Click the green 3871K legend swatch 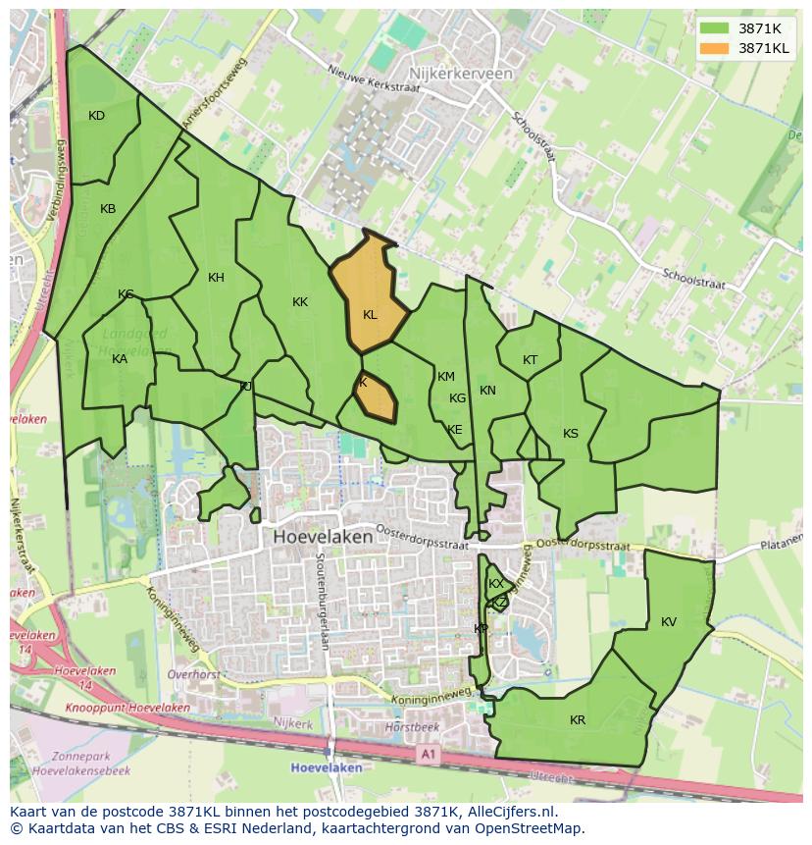point(713,28)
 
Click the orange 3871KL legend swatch point(713,47)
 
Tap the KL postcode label point(370,315)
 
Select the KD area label point(96,116)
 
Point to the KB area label point(108,209)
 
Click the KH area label point(216,278)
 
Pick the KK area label point(300,302)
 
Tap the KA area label point(120,359)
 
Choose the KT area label point(531,360)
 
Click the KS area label point(571,434)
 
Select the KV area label point(669,622)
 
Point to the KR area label point(578,720)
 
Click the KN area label point(487,391)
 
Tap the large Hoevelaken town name point(323,538)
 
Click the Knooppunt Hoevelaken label point(127,708)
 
